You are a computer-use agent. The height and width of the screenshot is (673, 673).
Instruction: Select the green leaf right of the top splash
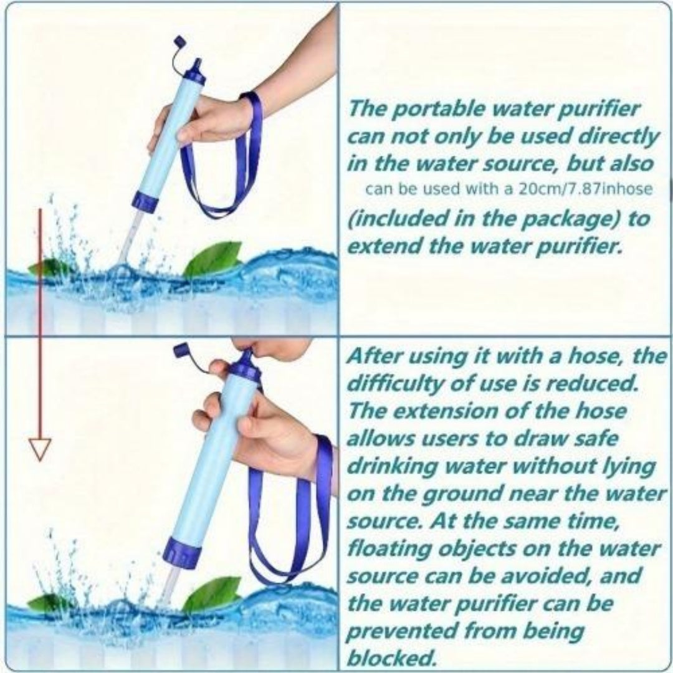(x=214, y=259)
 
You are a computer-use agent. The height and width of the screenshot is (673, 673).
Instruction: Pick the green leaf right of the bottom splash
(x=212, y=594)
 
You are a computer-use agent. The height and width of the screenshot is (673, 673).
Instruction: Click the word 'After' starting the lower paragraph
(x=371, y=357)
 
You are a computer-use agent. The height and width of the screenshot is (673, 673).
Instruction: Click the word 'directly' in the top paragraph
(x=614, y=136)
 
